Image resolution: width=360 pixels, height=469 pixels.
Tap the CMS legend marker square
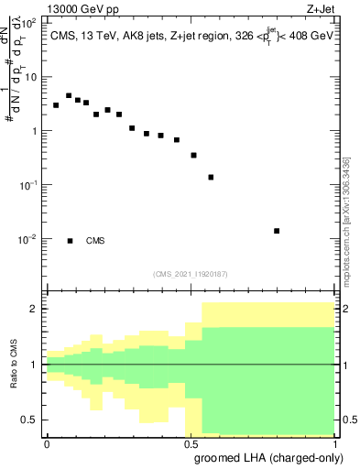coord(70,241)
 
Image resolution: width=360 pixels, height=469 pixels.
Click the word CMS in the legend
coord(95,241)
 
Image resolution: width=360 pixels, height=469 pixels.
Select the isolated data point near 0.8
coord(277,231)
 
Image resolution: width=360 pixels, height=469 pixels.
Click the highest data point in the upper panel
coord(69,95)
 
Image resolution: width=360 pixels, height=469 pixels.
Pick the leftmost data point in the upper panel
coord(56,105)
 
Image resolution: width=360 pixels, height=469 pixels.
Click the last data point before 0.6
coord(211,177)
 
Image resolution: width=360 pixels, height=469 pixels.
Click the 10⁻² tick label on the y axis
coord(28,239)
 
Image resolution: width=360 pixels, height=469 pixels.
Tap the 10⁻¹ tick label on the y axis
coord(28,185)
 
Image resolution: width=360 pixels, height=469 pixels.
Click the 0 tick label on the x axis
coord(47,442)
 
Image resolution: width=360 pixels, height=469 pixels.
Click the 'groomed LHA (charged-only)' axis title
coord(275,458)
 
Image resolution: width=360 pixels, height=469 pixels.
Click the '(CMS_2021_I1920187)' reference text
coord(191,274)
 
